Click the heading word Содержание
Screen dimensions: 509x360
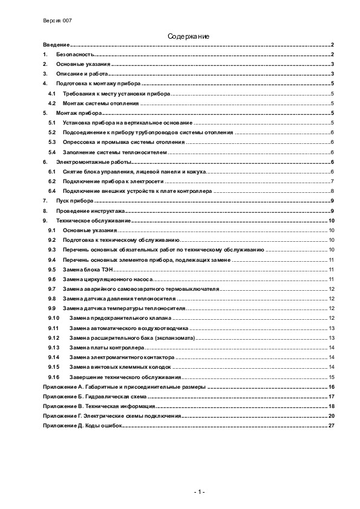[189, 37]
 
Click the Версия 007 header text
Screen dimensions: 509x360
[57, 20]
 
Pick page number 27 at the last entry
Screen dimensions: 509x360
[332, 425]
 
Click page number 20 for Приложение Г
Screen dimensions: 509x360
[332, 416]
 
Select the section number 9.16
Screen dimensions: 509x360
[53, 377]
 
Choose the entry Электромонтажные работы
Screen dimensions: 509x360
[94, 162]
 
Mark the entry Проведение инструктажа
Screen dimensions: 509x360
[91, 210]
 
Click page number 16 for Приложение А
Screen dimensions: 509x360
[332, 386]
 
